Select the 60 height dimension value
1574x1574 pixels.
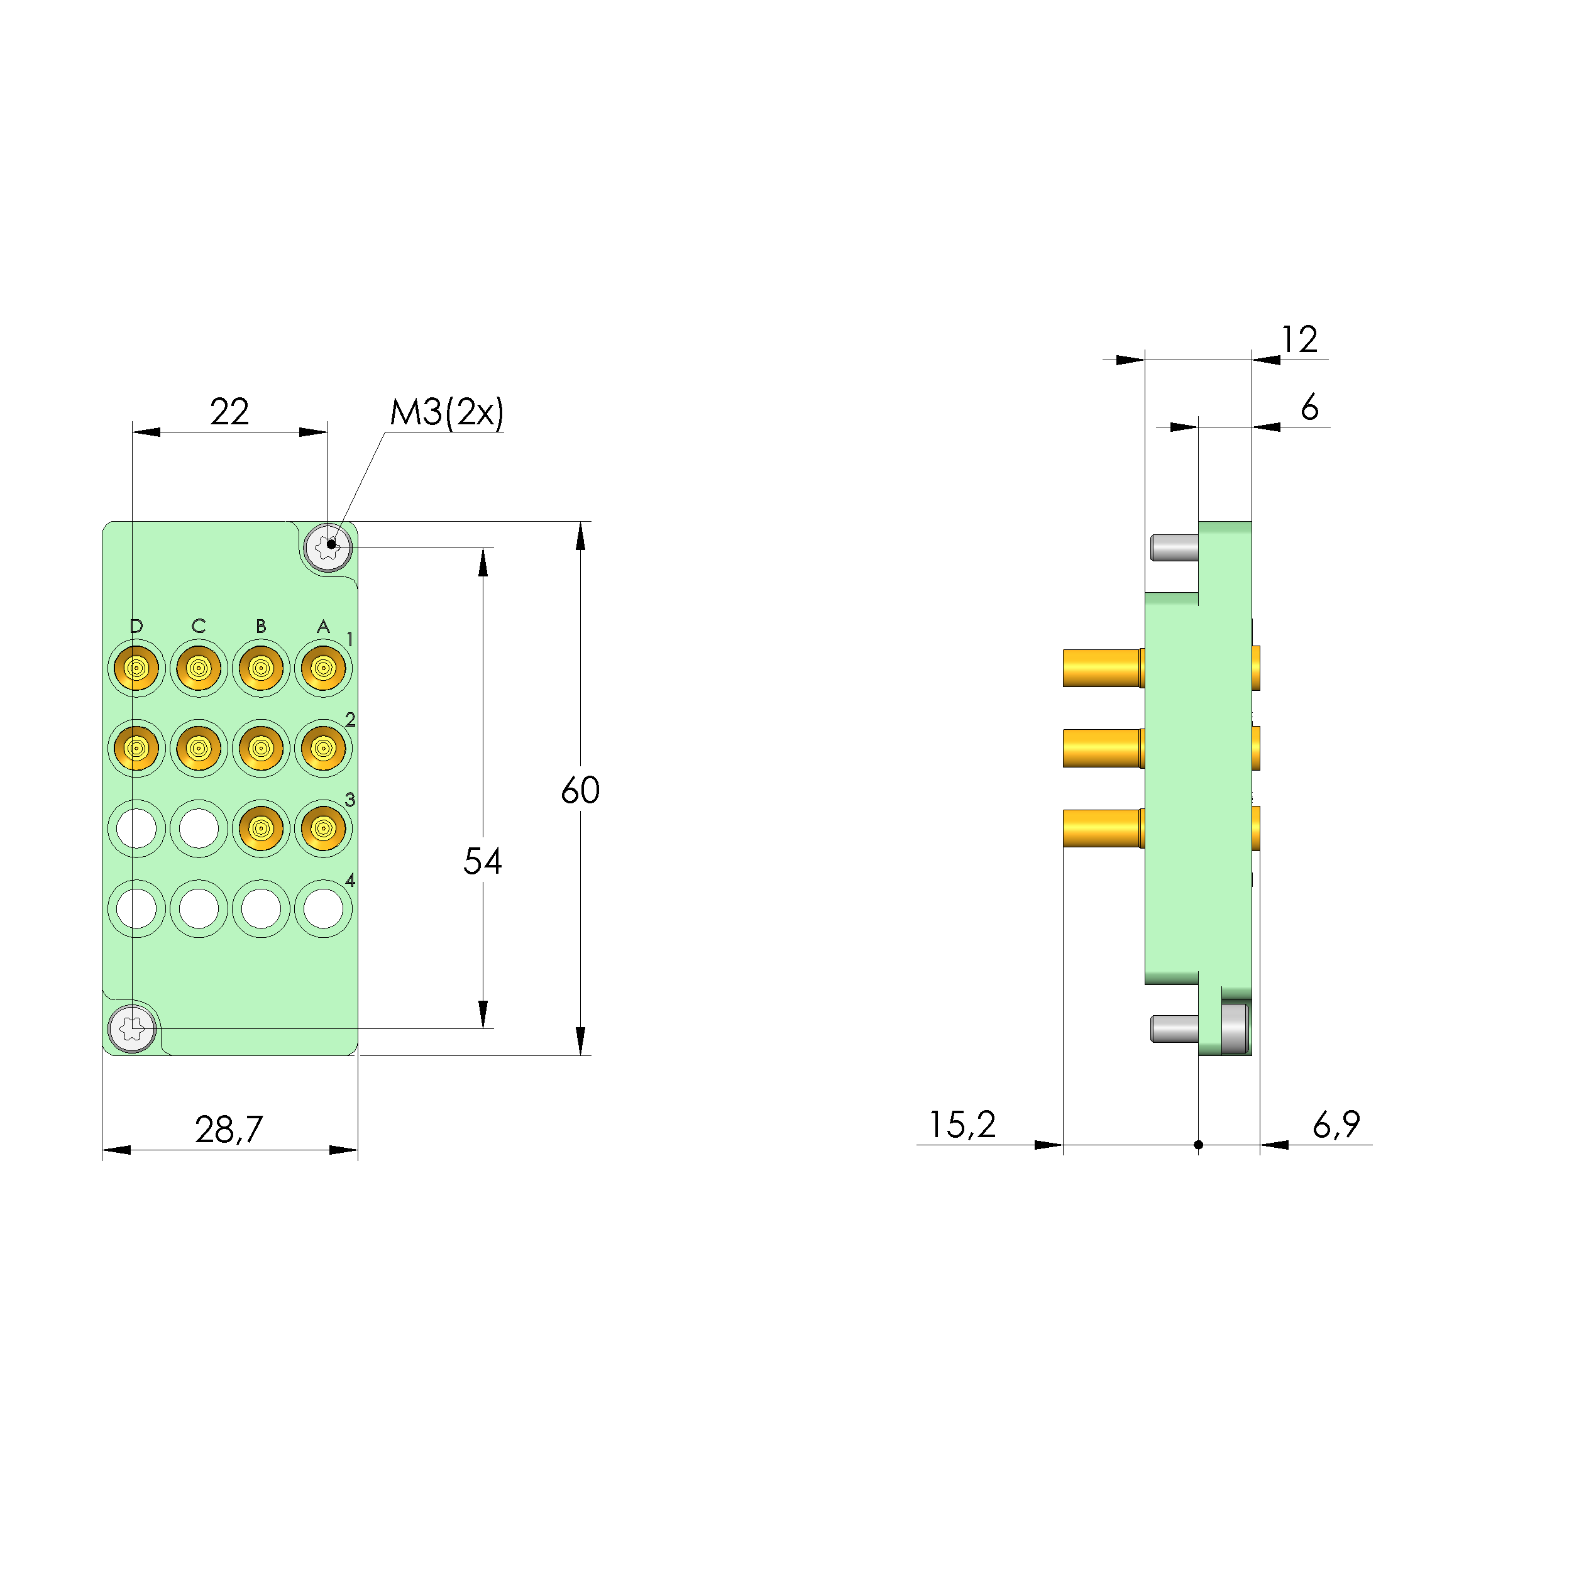(580, 790)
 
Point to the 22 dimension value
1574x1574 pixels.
(229, 412)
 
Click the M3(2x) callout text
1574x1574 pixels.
(446, 412)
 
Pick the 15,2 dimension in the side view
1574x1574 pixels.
(962, 1125)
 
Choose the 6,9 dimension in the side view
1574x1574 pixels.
(1336, 1125)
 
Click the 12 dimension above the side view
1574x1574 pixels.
(1299, 339)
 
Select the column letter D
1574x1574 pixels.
(136, 625)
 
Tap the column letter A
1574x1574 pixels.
(324, 625)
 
